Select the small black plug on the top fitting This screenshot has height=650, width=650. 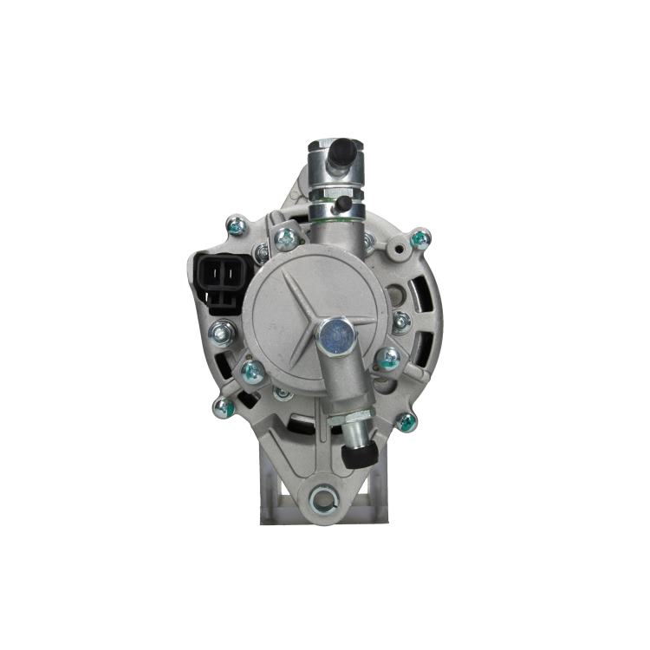[344, 201]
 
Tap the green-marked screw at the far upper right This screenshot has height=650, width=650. [419, 237]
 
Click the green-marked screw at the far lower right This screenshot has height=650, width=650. [406, 423]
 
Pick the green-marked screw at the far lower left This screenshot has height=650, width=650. [222, 405]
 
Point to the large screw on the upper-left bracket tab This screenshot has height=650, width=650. [283, 235]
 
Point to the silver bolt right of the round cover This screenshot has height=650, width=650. [401, 322]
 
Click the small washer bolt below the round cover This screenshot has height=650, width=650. [282, 393]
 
